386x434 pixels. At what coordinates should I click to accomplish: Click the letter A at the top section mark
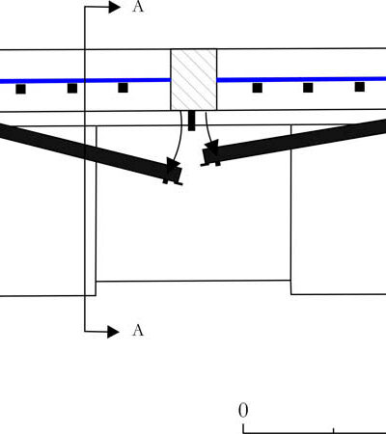point(138,7)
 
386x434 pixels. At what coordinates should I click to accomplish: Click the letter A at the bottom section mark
point(138,331)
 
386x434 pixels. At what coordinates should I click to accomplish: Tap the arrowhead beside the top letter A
point(114,7)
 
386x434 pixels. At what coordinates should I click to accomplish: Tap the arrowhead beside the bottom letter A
point(113,332)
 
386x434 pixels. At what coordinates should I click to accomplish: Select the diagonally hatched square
point(194,79)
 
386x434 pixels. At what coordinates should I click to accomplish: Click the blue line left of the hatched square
point(85,81)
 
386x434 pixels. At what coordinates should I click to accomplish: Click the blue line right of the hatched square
point(301,79)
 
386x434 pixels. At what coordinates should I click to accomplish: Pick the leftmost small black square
point(20,89)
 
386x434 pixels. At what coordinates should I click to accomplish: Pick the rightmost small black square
point(360,87)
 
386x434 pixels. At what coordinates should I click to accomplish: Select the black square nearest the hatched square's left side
point(123,88)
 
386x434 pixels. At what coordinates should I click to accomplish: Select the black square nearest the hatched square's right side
point(257,88)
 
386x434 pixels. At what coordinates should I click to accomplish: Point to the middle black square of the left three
point(72,88)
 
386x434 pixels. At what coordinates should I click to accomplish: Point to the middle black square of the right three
point(308,88)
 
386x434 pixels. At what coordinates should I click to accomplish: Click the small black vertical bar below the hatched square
point(191,121)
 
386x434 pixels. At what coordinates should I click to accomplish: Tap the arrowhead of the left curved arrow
point(173,163)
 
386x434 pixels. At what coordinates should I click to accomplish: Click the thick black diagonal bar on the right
point(293,143)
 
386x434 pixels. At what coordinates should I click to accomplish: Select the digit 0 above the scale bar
point(243,411)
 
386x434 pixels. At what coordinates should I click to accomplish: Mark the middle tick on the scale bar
point(334,430)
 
